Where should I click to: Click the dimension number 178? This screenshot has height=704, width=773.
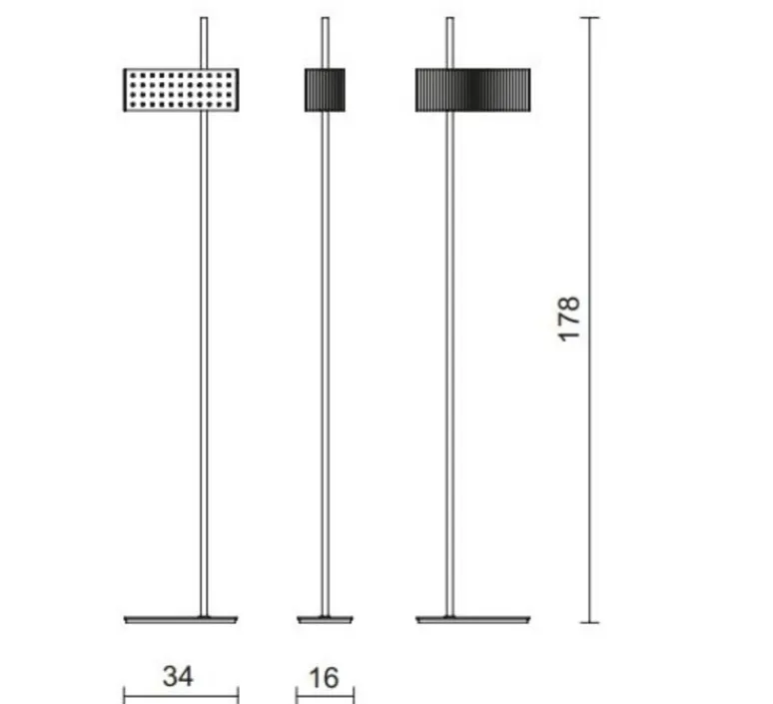[x=569, y=319]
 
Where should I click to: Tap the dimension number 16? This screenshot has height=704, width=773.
[x=324, y=678]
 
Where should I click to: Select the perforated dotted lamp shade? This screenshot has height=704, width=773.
[x=181, y=90]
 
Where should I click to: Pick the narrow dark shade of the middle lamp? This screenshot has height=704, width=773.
[x=325, y=90]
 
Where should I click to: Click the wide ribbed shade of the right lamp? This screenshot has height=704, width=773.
[x=472, y=90]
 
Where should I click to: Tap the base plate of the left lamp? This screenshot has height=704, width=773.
[x=181, y=620]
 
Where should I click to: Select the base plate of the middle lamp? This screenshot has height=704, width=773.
[x=325, y=620]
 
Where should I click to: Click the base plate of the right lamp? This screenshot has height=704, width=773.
[x=472, y=620]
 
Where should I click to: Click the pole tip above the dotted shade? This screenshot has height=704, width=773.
[x=204, y=20]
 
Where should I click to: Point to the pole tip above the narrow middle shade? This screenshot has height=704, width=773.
[x=325, y=20]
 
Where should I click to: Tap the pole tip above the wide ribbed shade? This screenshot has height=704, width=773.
[x=449, y=20]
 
